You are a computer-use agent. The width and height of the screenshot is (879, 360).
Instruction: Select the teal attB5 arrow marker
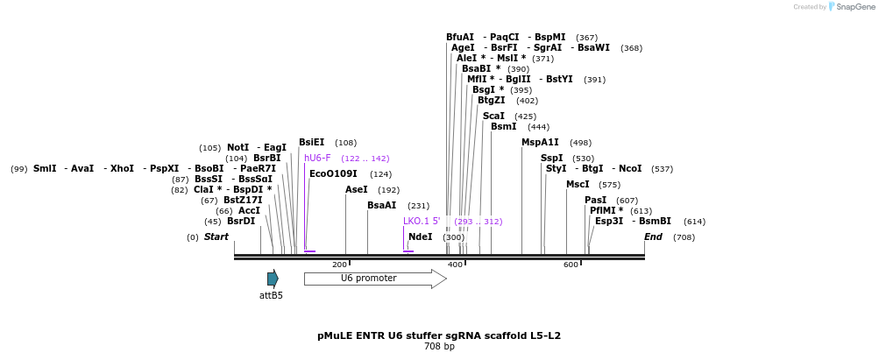273,279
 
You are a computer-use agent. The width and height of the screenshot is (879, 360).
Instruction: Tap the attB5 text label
271,296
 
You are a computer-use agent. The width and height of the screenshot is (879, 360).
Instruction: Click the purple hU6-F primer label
317,159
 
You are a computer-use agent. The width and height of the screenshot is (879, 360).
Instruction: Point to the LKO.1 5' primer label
422,222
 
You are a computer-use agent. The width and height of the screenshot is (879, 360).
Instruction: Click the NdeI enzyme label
421,237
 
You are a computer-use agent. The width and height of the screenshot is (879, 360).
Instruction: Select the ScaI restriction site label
493,116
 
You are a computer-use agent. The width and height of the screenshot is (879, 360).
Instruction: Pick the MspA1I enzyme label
540,143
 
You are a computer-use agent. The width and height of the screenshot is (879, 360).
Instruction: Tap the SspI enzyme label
551,159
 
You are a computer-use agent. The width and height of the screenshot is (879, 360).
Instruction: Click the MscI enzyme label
578,185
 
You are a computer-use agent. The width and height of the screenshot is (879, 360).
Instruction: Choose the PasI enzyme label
595,201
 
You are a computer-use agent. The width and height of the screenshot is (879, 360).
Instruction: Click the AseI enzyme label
356,189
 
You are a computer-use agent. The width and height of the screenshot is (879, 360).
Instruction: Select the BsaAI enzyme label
381,206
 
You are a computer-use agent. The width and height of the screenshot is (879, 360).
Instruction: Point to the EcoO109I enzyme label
333,174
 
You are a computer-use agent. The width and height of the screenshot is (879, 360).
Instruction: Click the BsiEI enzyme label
311,143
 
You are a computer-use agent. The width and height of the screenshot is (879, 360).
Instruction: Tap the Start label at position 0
216,237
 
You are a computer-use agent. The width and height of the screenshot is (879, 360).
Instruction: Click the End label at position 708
653,237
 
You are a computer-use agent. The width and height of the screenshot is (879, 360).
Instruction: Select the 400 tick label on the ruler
455,265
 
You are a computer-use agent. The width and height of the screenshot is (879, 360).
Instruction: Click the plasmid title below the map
439,335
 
